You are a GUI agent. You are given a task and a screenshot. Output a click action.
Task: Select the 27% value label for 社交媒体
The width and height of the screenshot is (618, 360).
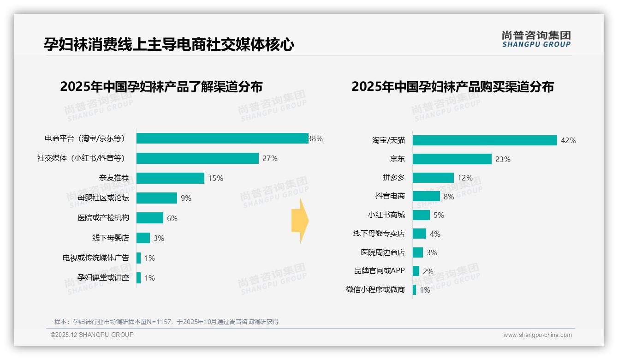click(270, 158)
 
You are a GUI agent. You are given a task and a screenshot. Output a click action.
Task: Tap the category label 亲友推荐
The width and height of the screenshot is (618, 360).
click(114, 178)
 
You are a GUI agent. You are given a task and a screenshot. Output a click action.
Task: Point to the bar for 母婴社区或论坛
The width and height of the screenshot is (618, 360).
click(157, 198)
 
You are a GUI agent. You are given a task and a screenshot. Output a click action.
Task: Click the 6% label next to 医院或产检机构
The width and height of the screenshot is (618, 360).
click(172, 218)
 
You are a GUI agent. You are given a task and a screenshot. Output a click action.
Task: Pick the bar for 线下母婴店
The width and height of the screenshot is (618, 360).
click(143, 238)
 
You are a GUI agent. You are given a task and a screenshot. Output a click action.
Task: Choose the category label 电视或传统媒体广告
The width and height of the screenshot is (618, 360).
click(96, 258)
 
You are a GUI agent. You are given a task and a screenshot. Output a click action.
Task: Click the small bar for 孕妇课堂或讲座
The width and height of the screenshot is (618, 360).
click(139, 278)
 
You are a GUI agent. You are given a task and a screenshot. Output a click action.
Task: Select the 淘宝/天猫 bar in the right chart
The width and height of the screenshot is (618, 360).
click(485, 140)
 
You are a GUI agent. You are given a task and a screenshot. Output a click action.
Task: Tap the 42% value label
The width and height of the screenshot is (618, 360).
click(568, 140)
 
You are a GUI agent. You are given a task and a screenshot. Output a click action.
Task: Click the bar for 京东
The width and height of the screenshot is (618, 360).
click(452, 159)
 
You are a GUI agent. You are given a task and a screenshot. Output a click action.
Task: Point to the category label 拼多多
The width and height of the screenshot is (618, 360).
click(393, 178)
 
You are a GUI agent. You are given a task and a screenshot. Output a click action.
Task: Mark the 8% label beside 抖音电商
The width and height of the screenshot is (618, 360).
click(449, 197)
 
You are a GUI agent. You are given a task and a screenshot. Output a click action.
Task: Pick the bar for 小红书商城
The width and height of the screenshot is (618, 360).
click(421, 215)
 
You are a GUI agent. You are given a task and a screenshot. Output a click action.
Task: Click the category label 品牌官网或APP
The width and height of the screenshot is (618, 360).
click(379, 271)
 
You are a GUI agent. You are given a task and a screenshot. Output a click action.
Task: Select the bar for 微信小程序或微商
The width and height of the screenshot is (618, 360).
click(415, 290)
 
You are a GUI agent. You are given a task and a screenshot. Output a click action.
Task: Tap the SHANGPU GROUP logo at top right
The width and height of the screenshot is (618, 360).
click(536, 39)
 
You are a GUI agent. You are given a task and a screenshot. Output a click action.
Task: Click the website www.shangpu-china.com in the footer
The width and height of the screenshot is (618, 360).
click(537, 335)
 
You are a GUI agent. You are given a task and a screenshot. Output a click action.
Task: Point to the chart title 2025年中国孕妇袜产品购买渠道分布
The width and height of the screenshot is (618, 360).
click(452, 87)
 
